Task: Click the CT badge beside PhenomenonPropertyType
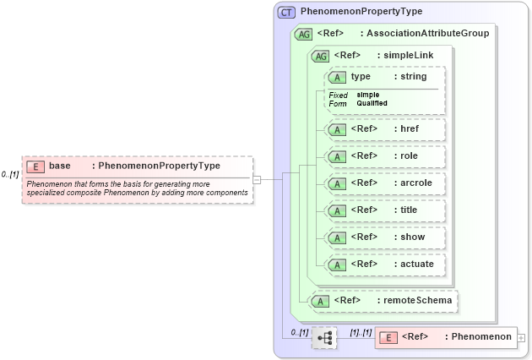tap(286, 12)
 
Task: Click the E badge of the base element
tap(35, 166)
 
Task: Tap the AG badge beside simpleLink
tap(321, 56)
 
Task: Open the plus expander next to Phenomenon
tap(521, 338)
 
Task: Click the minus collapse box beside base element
tap(257, 178)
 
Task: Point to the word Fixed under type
tap(338, 95)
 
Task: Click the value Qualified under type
tap(372, 103)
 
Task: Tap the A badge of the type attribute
tap(338, 77)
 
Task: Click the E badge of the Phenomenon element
tap(388, 337)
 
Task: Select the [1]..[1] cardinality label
tap(361, 331)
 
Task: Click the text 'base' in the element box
tap(60, 166)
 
